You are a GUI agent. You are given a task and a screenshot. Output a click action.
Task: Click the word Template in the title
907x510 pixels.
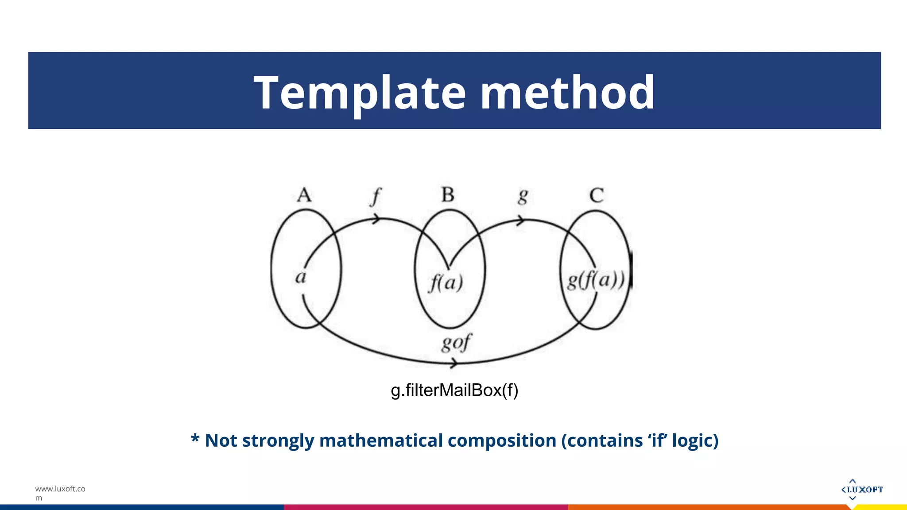coord(360,93)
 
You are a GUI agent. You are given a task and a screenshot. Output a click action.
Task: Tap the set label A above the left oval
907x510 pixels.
coord(304,195)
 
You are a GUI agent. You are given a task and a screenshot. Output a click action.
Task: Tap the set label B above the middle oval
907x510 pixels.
coord(448,195)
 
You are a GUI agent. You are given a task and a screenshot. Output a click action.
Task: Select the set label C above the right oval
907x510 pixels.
coord(597,195)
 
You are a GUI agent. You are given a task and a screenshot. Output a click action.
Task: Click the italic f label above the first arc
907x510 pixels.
coord(376,196)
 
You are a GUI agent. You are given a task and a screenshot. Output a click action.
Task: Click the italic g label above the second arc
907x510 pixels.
coord(523,196)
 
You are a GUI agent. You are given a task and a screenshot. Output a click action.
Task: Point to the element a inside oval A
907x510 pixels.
coord(301,278)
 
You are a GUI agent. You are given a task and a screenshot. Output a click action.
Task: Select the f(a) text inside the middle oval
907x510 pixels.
coord(446,282)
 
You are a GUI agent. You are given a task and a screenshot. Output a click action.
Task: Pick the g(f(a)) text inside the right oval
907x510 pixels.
coord(596,280)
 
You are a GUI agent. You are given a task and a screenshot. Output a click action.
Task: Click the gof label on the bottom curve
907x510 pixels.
coord(457,343)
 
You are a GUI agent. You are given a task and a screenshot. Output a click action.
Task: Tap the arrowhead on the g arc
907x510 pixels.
coord(521,220)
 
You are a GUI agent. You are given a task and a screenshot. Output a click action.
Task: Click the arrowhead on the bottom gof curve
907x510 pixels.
coord(454,364)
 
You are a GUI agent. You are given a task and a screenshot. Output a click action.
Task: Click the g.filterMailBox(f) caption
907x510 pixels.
coord(454,390)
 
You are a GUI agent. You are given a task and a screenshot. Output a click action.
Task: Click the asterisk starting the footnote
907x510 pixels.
coord(195,439)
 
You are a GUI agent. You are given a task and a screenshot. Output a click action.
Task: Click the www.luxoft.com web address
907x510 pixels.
coord(60,493)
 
